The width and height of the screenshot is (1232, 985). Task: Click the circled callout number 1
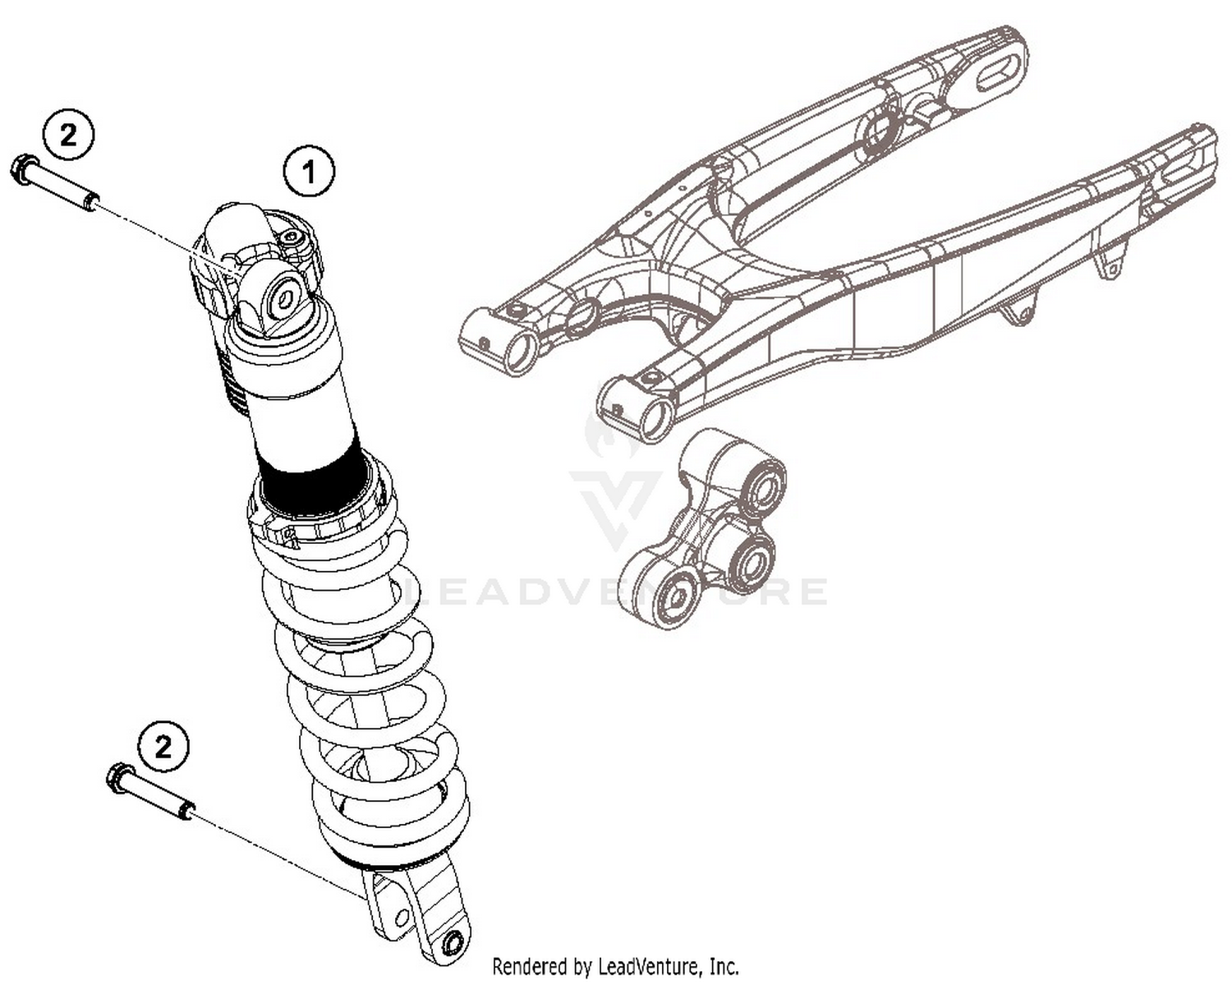point(309,172)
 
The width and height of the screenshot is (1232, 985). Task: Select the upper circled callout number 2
point(68,134)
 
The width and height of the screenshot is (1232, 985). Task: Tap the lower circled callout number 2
point(163,747)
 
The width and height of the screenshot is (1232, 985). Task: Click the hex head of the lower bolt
point(119,776)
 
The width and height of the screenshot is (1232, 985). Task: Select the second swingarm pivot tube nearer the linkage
point(657,417)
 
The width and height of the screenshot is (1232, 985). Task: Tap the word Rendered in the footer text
point(529,966)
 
